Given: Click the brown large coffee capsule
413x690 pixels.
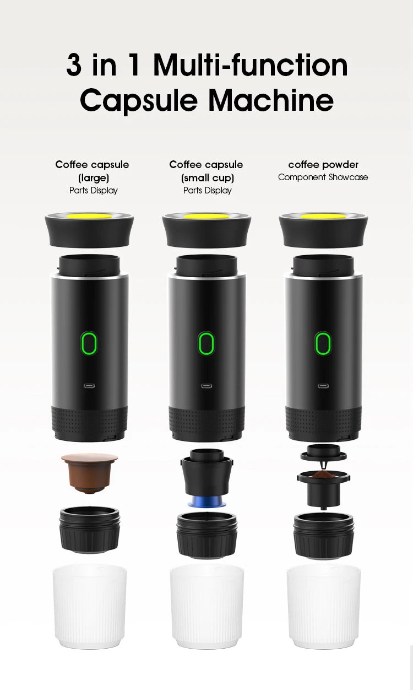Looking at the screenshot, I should [89, 471].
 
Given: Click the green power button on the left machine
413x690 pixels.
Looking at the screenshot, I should [89, 343].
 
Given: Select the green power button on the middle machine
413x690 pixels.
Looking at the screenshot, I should [206, 343].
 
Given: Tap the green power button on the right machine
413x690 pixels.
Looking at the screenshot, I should [323, 343].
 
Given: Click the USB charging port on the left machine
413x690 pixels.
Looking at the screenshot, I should [89, 386].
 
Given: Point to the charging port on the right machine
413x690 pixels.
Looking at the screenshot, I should [323, 386].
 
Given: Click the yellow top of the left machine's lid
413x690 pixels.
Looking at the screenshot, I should [89, 215].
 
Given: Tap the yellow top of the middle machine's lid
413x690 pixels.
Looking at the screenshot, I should [206, 216].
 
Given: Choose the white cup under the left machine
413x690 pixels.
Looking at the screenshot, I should [89, 606].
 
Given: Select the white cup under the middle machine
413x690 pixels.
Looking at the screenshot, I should [206, 606].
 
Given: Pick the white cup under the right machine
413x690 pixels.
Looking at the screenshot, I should [324, 606].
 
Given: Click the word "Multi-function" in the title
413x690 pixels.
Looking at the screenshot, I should [251, 65].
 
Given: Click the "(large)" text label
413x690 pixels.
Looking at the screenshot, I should [93, 177].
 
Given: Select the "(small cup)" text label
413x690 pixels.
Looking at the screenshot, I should [207, 177].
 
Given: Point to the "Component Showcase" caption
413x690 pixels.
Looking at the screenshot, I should [323, 177].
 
